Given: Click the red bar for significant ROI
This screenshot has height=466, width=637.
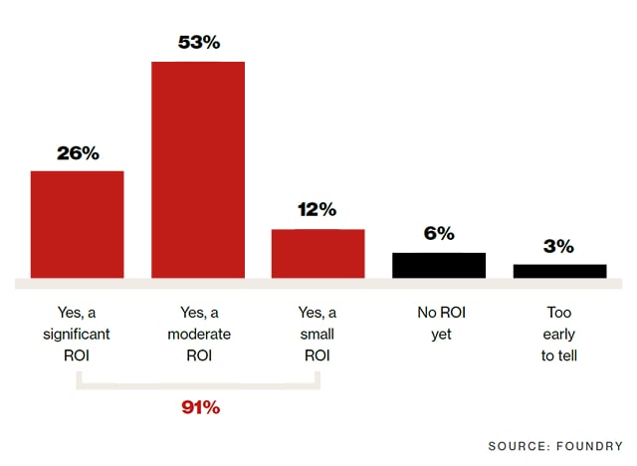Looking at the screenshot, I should pos(78,224).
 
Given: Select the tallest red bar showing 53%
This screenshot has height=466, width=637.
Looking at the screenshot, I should pos(198,169).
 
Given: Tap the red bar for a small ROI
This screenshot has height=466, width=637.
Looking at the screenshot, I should pos(318,253).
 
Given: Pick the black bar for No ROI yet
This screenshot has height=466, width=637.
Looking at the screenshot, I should pos(439,265).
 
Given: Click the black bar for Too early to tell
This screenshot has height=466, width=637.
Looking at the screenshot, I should pos(559,271).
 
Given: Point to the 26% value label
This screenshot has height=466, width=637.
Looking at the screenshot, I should pos(78,153).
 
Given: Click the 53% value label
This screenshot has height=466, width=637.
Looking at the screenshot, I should pos(198,44).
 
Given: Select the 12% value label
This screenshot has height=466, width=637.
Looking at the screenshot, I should pos(318,211).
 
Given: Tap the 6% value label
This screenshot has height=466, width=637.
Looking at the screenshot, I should pos(439,234).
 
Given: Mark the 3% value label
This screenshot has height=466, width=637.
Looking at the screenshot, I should pos(559,246).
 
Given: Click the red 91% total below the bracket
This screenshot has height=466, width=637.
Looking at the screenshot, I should pos(200,407).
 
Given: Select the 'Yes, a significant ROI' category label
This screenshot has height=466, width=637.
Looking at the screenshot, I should pos(78,334).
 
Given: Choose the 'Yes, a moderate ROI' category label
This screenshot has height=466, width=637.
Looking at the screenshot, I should pos(198,334).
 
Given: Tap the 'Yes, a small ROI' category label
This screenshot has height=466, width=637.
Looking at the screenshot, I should pos(318,334).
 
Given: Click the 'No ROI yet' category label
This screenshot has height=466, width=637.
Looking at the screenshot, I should pos(439,324).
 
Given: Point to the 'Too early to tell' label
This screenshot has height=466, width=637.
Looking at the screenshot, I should pos(559,334).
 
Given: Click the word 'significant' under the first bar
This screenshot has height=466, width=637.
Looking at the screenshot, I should pos(78,334).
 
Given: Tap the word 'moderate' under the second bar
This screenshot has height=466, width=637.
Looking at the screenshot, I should pos(198,334).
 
